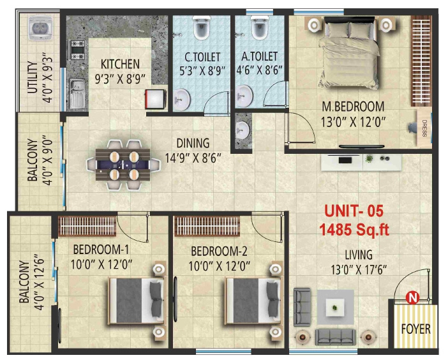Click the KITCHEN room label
pos(119,64)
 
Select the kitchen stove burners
pos(78,47)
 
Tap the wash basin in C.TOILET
pos(183,98)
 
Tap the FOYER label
pos(415,330)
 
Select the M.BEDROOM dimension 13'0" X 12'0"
pos(352,121)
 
